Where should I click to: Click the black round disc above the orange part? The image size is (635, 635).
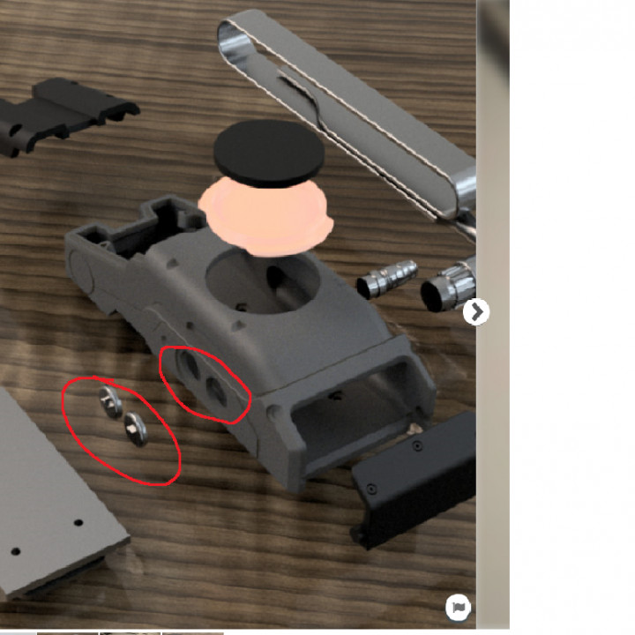(268, 153)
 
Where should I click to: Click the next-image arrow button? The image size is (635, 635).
(476, 311)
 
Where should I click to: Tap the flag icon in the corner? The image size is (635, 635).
(459, 607)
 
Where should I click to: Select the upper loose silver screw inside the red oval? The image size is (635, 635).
(110, 400)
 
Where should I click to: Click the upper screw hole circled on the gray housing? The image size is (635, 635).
(188, 365)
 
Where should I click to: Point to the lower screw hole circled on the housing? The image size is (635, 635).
(217, 392)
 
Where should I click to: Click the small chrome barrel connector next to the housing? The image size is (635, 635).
(388, 278)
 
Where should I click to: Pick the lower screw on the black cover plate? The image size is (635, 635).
(371, 488)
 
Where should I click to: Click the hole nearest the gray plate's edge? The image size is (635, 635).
(15, 551)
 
